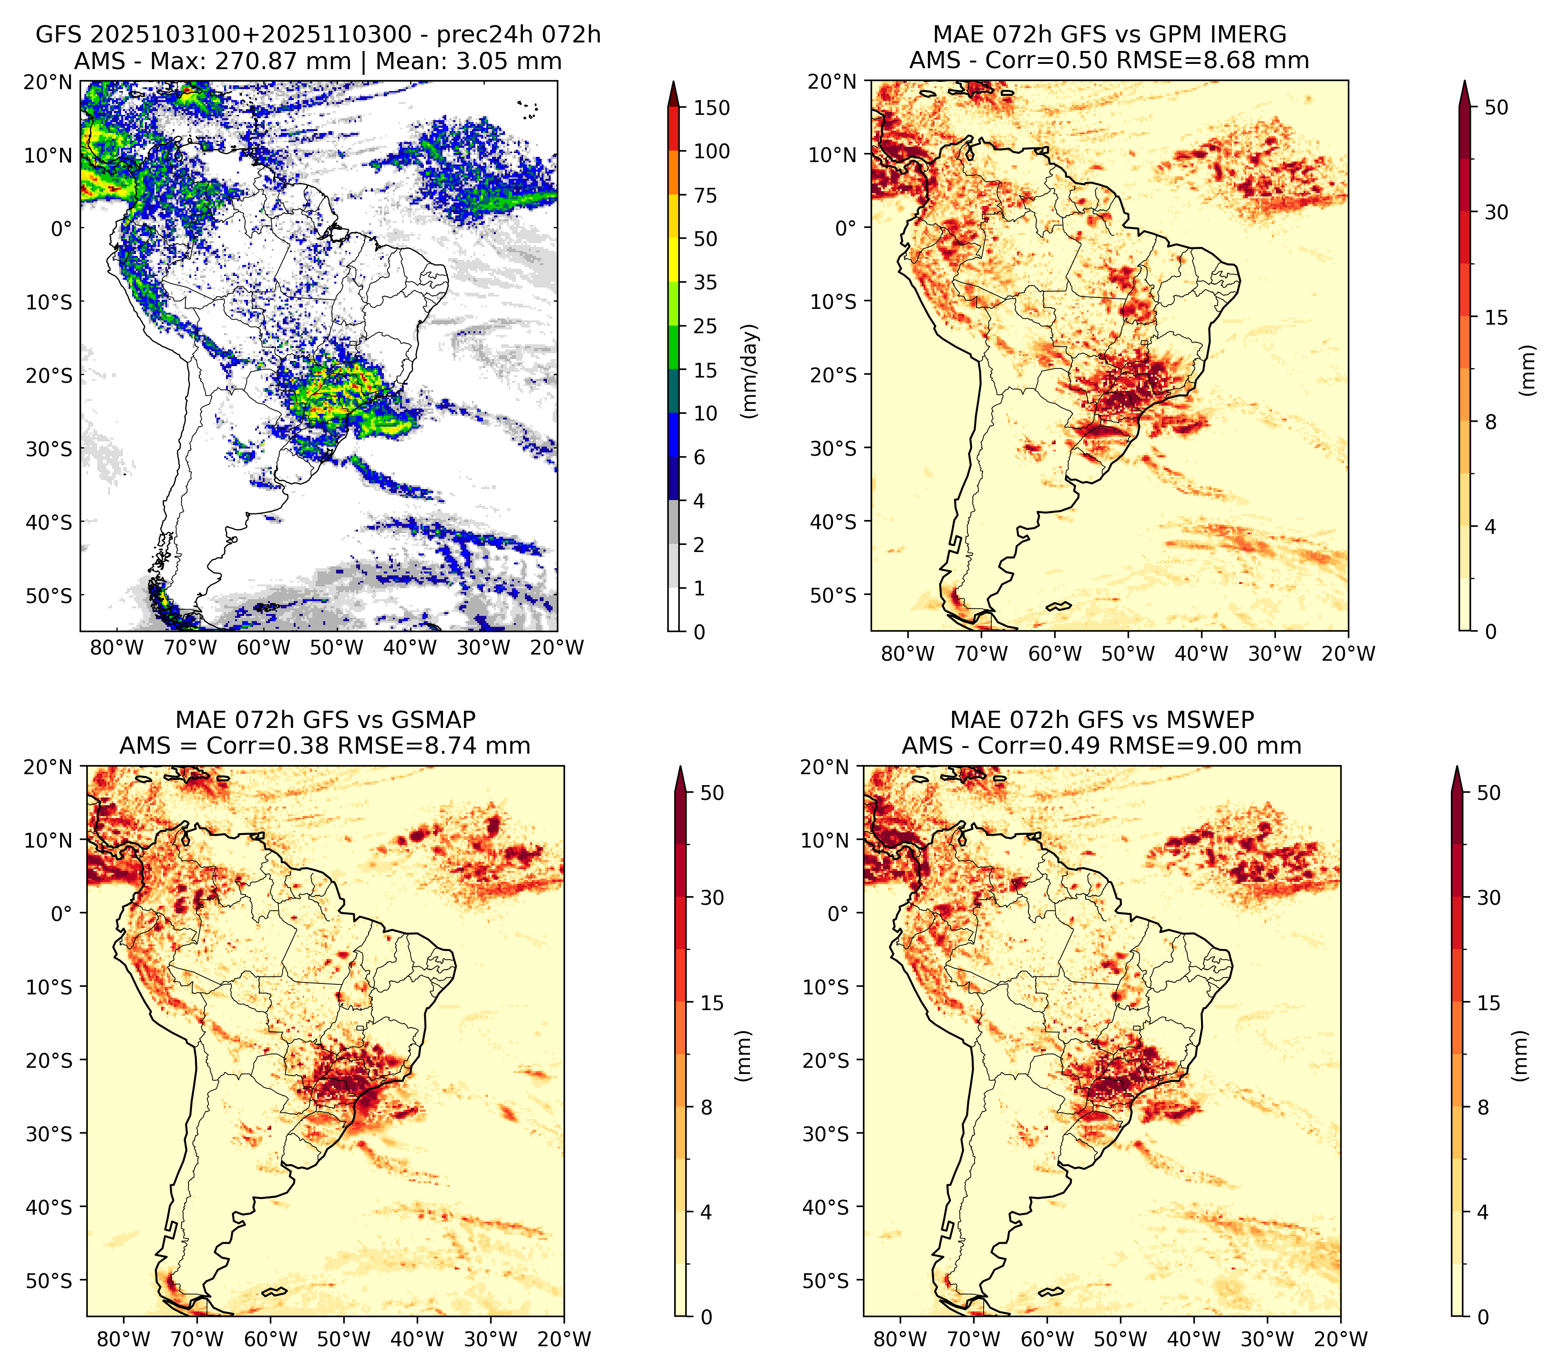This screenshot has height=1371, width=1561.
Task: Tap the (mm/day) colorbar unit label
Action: (x=751, y=371)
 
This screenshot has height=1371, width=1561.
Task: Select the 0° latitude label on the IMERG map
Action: (x=846, y=227)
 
